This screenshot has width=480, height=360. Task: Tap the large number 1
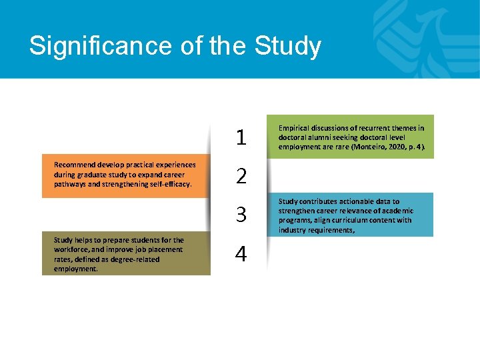[241, 137]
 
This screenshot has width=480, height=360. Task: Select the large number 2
[241, 176]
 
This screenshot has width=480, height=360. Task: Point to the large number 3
[241, 215]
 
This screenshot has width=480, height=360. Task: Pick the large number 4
[241, 254]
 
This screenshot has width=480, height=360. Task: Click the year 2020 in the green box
[393, 147]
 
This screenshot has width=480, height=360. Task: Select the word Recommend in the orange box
[75, 165]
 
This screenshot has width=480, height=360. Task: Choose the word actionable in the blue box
[355, 201]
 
